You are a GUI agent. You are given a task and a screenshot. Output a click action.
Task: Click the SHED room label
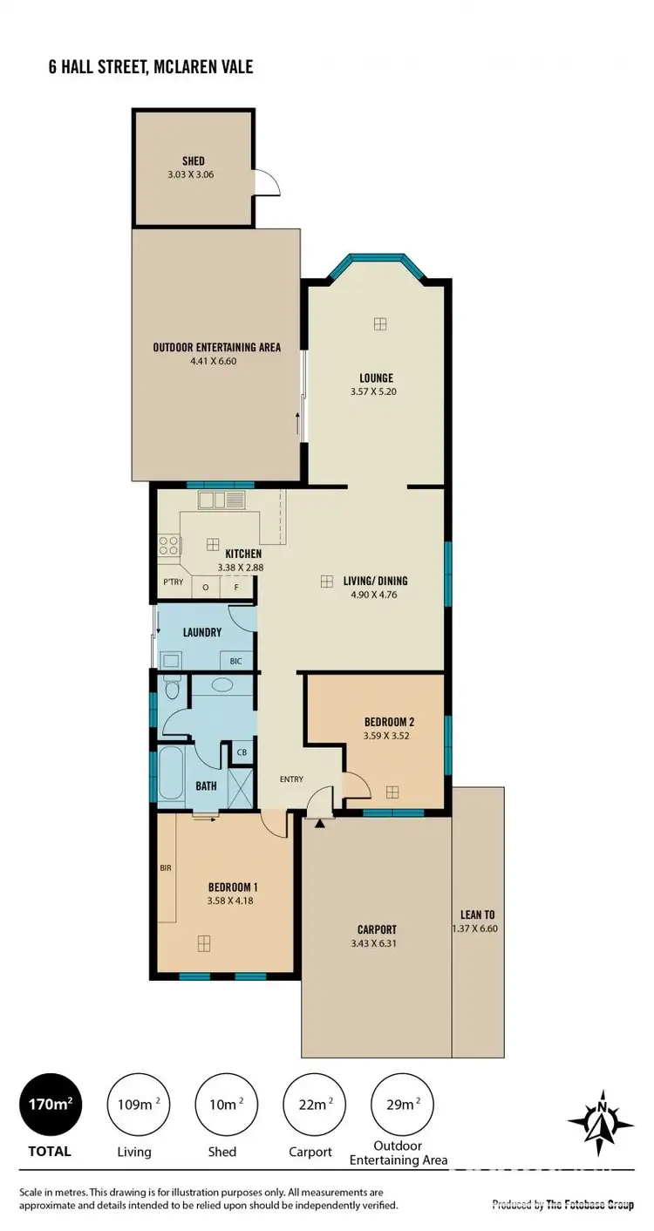click(193, 161)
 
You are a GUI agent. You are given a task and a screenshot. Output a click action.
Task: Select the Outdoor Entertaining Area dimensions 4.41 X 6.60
click(216, 360)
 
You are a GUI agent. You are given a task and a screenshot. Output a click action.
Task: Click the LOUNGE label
click(376, 378)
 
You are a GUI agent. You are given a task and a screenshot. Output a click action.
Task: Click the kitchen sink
click(222, 500)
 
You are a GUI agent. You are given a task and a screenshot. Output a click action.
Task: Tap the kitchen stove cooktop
click(168, 546)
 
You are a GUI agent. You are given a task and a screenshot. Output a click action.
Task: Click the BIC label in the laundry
click(235, 662)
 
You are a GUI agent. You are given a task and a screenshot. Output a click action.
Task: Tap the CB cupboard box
click(241, 752)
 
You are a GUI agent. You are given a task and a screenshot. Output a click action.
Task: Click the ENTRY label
click(292, 779)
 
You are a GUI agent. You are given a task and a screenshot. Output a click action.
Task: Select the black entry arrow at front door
click(320, 821)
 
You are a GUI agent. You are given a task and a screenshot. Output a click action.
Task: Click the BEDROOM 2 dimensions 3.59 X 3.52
click(386, 736)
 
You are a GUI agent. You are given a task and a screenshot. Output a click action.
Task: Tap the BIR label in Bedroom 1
click(166, 868)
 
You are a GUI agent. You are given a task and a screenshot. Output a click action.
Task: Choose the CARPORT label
click(377, 929)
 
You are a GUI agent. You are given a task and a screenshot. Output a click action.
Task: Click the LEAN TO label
click(477, 915)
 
